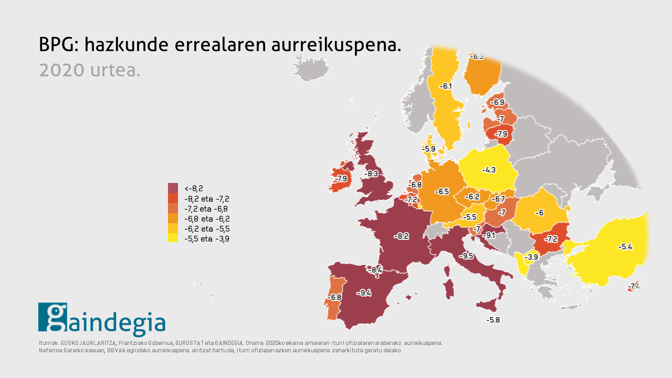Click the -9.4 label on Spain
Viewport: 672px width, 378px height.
pyautogui.click(x=364, y=293)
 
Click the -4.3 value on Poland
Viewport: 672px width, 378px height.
pyautogui.click(x=489, y=170)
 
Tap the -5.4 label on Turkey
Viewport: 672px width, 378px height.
pyautogui.click(x=625, y=246)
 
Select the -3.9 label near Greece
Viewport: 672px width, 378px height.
pyautogui.click(x=532, y=257)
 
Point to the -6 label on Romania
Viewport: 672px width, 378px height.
pyautogui.click(x=539, y=213)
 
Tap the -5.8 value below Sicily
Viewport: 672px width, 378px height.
pyautogui.click(x=493, y=320)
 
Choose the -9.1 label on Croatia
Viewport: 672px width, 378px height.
pyautogui.click(x=488, y=235)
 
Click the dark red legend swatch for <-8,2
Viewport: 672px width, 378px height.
pyautogui.click(x=173, y=187)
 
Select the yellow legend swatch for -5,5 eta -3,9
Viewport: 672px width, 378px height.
pyautogui.click(x=173, y=238)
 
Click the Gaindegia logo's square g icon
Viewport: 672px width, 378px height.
pyautogui.click(x=52, y=317)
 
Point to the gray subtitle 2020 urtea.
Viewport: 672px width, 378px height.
pyautogui.click(x=89, y=70)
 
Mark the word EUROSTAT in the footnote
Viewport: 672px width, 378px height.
pyautogui.click(x=191, y=343)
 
